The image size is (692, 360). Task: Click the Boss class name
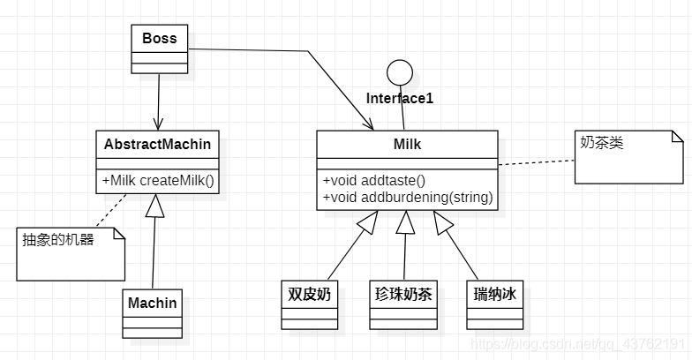[x=159, y=38]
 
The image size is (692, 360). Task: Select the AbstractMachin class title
[x=158, y=143]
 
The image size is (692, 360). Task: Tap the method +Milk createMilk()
[x=158, y=180]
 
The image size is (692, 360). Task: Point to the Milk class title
[x=406, y=143]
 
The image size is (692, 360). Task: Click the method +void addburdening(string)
[x=407, y=196]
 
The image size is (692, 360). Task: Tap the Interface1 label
[x=400, y=98]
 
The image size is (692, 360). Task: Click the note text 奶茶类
[x=601, y=142]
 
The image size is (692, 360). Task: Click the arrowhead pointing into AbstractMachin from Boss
[x=158, y=124]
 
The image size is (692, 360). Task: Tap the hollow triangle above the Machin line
[x=155, y=205]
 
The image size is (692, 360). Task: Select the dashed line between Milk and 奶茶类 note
[x=535, y=161]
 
